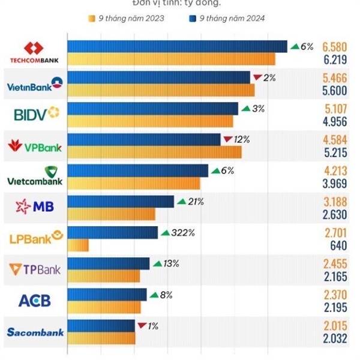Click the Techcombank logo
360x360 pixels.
pyautogui.click(x=35, y=52)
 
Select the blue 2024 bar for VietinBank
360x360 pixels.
pyautogui.click(x=158, y=77)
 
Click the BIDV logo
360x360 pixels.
pyautogui.click(x=35, y=114)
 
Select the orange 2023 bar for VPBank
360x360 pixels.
pyautogui.click(x=154, y=152)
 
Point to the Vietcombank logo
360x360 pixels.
pyautogui.click(x=35, y=176)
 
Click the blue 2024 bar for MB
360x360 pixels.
pyautogui.click(x=121, y=202)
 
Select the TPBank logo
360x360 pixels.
pyautogui.click(x=35, y=270)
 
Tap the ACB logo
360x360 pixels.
pyautogui.click(x=35, y=301)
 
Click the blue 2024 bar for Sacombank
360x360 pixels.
pyautogui.click(x=101, y=326)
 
